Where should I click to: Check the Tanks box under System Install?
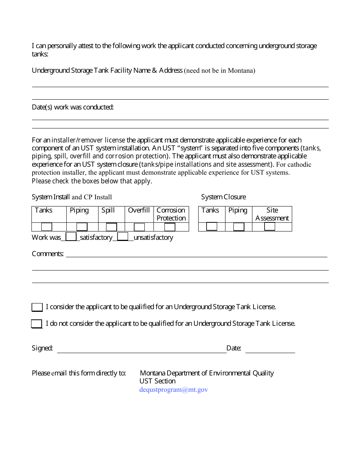click(x=47, y=227)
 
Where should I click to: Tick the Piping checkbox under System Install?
click(x=82, y=227)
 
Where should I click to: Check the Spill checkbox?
click(x=111, y=227)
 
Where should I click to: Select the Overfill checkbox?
click(x=139, y=227)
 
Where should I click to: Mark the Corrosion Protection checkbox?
click(x=170, y=227)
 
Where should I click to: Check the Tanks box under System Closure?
click(x=212, y=227)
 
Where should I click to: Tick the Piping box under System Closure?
click(x=239, y=227)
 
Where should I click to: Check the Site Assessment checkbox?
click(x=270, y=227)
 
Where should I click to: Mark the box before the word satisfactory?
click(x=71, y=237)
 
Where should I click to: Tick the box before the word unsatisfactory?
click(x=123, y=237)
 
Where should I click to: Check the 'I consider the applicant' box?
click(x=37, y=307)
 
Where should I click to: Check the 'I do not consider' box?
click(x=37, y=324)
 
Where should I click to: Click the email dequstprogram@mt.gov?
click(x=174, y=389)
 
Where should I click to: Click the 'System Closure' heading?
click(x=223, y=197)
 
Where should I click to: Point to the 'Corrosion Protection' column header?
click(x=171, y=214)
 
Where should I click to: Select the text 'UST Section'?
click(x=157, y=381)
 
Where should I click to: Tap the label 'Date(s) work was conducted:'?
click(x=73, y=107)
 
